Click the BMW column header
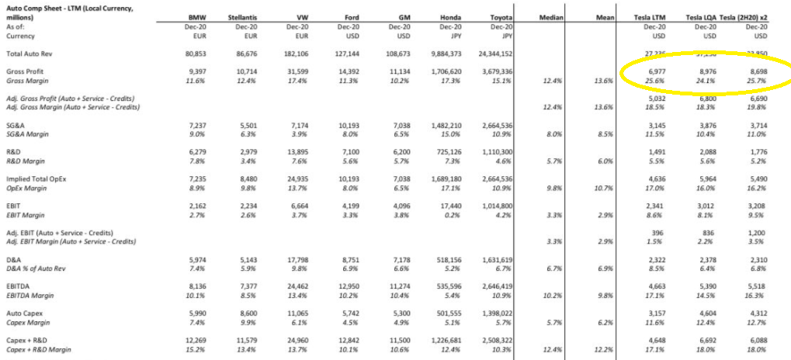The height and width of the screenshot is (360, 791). tap(196, 16)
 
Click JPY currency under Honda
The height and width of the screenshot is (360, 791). tap(455, 36)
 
